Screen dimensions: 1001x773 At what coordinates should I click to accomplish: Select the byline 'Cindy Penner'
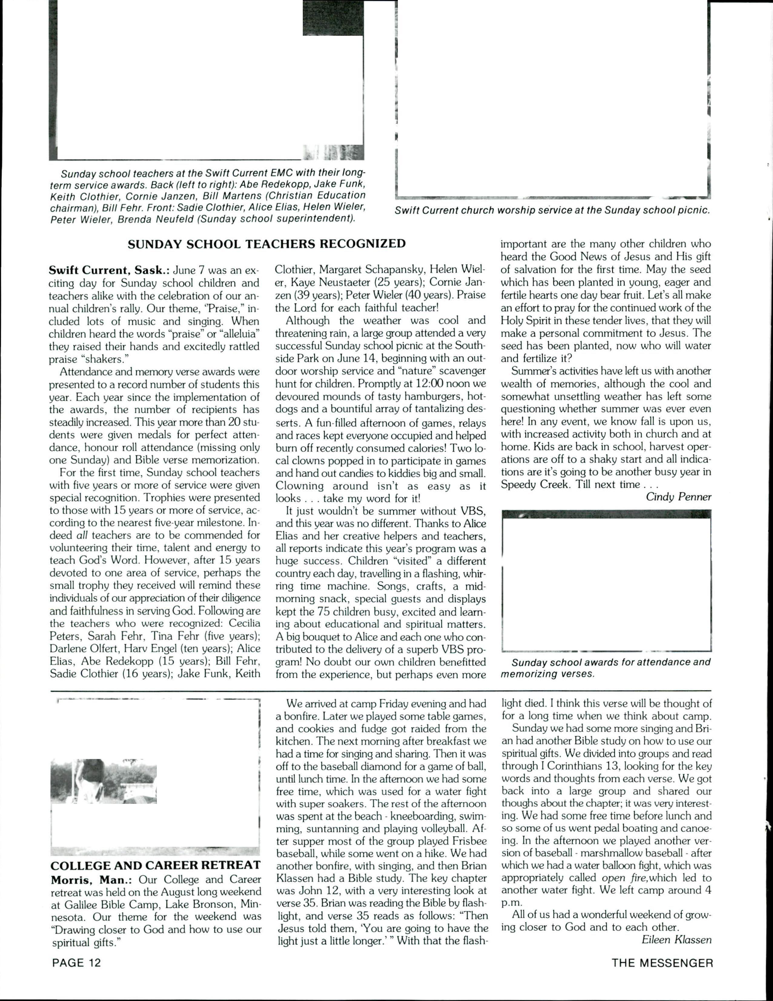pos(678,497)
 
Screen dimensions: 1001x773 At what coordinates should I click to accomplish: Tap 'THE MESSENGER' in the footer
pos(662,963)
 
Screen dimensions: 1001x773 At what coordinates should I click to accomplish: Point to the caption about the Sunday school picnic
pos(552,211)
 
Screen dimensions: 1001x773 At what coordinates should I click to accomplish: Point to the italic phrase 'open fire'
pos(620,878)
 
